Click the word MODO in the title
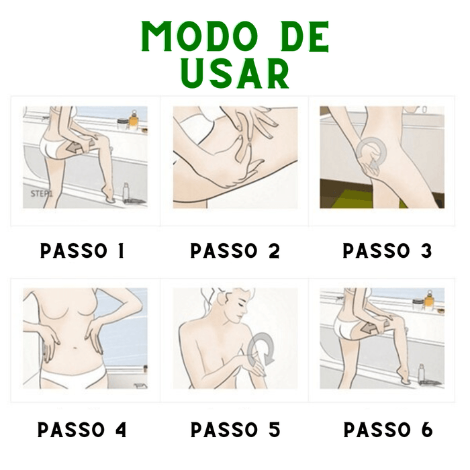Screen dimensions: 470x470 (200, 36)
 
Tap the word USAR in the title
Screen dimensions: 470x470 (235, 73)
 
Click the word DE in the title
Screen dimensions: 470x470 (305, 36)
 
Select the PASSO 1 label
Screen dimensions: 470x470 (83, 250)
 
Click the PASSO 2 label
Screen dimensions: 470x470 (235, 250)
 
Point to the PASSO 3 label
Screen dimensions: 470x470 (387, 250)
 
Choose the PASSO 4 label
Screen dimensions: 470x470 (82, 430)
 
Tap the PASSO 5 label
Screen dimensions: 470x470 (235, 430)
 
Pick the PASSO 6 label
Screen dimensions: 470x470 (388, 430)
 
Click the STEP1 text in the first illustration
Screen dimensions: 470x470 (42, 193)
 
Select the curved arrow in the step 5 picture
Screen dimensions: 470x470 (261, 349)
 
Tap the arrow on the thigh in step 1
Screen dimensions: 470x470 (75, 148)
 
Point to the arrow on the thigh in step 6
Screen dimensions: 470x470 (371, 330)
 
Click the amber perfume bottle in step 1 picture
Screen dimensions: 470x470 (134, 121)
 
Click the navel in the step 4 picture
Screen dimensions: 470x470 (75, 348)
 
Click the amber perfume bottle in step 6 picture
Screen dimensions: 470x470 (429, 302)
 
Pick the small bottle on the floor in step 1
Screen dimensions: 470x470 (126, 192)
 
